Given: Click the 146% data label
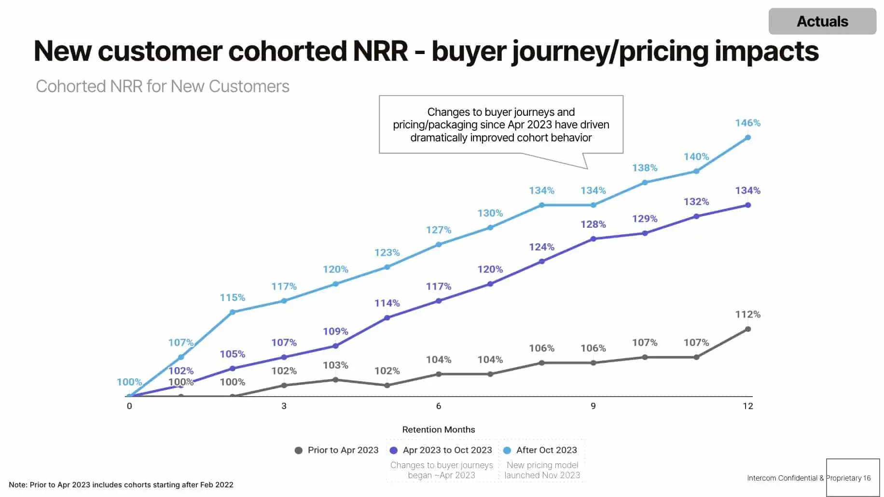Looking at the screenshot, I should [x=747, y=123].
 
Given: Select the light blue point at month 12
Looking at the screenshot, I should [x=748, y=138].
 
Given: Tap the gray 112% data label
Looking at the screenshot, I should [x=747, y=315].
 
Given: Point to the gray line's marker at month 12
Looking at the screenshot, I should [x=748, y=329].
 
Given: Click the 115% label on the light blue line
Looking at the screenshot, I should [x=232, y=298].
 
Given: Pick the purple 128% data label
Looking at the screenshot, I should [x=593, y=224].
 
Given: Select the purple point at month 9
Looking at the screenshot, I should [x=593, y=239].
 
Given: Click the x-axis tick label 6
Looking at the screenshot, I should [x=438, y=406].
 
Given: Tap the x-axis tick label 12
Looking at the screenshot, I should [x=747, y=406].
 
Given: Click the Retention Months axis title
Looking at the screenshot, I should [x=438, y=429].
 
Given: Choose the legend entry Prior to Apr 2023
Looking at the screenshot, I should [x=337, y=450].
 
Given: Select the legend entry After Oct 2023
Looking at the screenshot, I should [x=540, y=450].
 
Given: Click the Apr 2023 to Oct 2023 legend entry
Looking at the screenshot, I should [x=441, y=450].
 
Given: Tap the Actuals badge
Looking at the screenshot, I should [x=822, y=21].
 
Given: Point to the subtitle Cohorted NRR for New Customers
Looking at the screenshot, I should [x=163, y=86].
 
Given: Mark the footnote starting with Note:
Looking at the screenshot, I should [x=121, y=484].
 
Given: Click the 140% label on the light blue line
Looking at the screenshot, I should [x=696, y=157].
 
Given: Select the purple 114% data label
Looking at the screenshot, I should [x=387, y=304].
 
